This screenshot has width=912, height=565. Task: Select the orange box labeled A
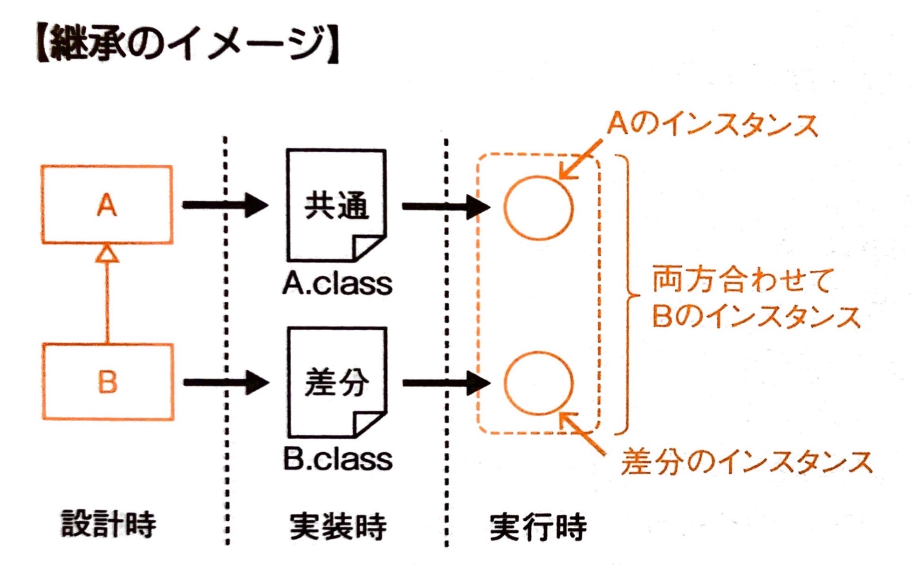pyautogui.click(x=107, y=204)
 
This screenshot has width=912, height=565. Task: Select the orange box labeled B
pyautogui.click(x=108, y=382)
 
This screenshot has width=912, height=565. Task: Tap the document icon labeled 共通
pyautogui.click(x=336, y=205)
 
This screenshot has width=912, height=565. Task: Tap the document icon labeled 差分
pyautogui.click(x=337, y=382)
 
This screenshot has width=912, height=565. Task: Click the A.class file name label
pyautogui.click(x=337, y=283)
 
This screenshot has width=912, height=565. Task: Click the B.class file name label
pyautogui.click(x=338, y=459)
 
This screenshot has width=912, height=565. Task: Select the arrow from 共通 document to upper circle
pyautogui.click(x=446, y=206)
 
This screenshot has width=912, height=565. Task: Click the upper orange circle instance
pyautogui.click(x=538, y=208)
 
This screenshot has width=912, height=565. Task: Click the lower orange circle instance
pyautogui.click(x=538, y=383)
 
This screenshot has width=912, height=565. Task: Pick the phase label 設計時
pyautogui.click(x=109, y=524)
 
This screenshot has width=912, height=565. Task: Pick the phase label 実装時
pyautogui.click(x=337, y=527)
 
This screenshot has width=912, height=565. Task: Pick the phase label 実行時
pyautogui.click(x=538, y=527)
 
